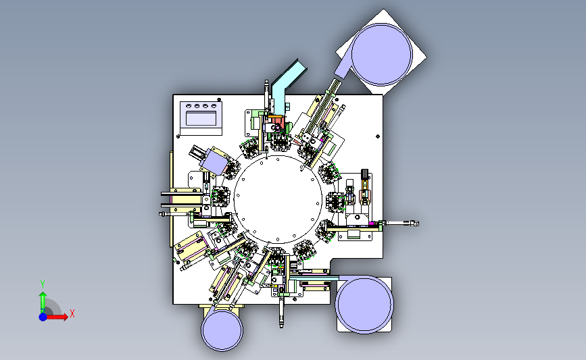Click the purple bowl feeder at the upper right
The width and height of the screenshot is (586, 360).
click(x=382, y=54)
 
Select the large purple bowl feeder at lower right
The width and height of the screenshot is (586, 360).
click(x=364, y=304)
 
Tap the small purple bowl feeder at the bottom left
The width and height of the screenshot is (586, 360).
click(x=222, y=330)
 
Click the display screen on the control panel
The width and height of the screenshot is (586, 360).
click(x=201, y=118)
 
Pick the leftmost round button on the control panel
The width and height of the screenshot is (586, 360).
click(x=189, y=106)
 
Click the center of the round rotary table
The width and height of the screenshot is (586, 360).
click(x=278, y=199)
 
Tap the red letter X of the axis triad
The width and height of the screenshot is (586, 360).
click(x=72, y=313)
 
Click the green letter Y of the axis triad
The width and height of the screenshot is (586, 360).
click(x=43, y=284)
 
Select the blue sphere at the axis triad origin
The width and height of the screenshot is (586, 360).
click(x=43, y=317)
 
